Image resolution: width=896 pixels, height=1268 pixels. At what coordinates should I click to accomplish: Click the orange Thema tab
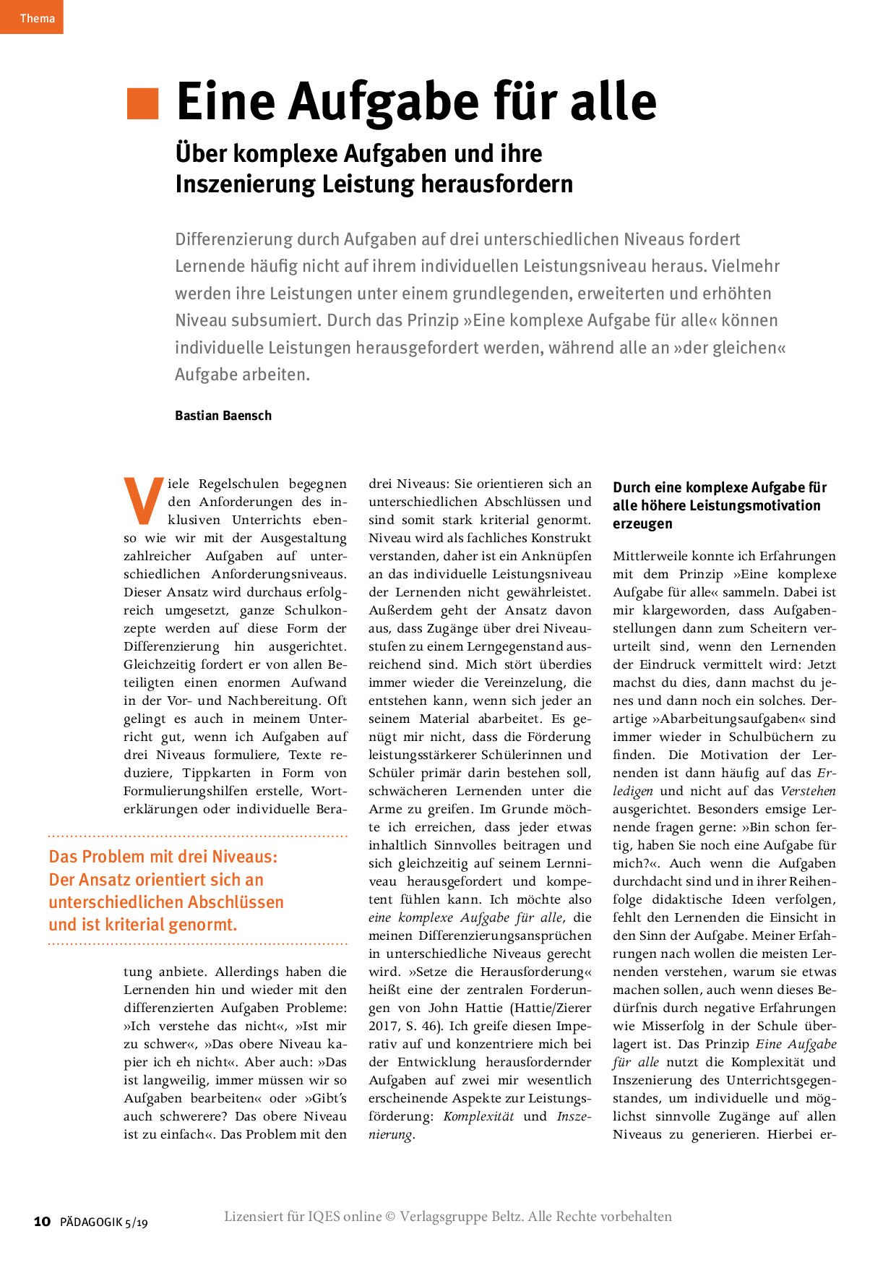coord(32,17)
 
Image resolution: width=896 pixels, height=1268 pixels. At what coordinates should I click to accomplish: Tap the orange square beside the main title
coord(142,103)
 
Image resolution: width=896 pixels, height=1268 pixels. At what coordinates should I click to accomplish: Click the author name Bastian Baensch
coord(223,416)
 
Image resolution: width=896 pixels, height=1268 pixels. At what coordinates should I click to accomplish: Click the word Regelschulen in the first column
coord(238,484)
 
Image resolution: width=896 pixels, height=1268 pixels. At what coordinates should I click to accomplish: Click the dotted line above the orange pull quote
coord(197,836)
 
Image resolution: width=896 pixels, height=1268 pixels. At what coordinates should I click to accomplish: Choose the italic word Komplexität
coord(478,1116)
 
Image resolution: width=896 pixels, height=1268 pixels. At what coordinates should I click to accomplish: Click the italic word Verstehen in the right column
coord(808,791)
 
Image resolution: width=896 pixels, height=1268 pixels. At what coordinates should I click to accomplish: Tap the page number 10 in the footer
coord(43,1221)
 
